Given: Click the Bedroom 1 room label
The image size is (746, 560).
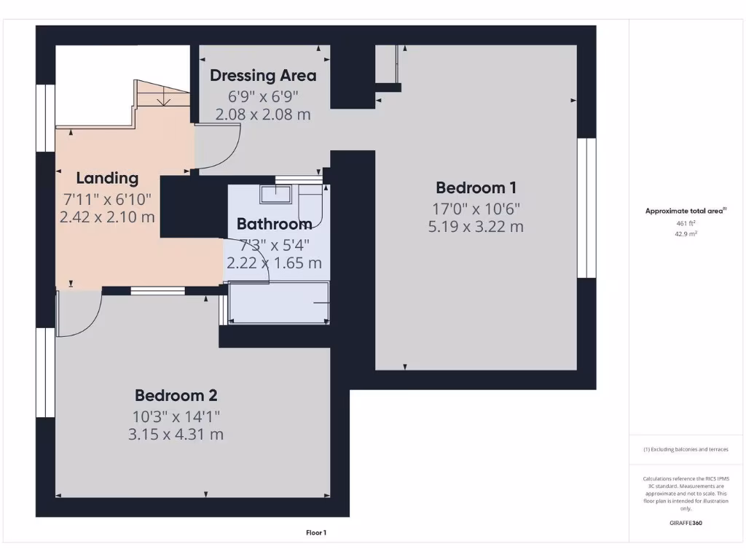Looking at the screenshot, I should click(x=476, y=187).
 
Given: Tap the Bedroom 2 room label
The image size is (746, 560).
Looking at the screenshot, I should click(x=176, y=396).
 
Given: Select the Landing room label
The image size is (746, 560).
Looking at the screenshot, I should click(x=107, y=178).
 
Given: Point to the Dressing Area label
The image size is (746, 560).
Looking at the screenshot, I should click(x=263, y=75).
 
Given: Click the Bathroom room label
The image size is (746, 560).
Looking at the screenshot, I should click(x=274, y=224).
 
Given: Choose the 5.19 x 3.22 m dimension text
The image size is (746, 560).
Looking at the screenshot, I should click(x=476, y=226).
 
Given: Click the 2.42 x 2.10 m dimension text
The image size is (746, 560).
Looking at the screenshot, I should click(x=107, y=217).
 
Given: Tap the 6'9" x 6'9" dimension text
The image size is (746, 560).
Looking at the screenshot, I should click(x=263, y=96).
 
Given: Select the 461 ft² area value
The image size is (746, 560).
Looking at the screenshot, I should click(x=686, y=224).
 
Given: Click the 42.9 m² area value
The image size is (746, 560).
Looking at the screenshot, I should click(x=686, y=234).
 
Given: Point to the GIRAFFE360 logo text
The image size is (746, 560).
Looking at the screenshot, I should click(x=686, y=523).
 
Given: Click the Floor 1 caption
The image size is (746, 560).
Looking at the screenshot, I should click(x=315, y=533).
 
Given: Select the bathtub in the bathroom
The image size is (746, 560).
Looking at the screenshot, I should click(x=279, y=303).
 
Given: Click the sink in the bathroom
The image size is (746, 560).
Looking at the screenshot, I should click(x=276, y=193).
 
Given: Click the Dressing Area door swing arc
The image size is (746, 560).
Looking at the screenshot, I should click(x=219, y=149).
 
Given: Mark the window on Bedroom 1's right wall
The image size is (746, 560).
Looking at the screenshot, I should click(x=586, y=208).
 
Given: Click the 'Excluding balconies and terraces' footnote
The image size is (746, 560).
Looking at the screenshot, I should click(x=686, y=450).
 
